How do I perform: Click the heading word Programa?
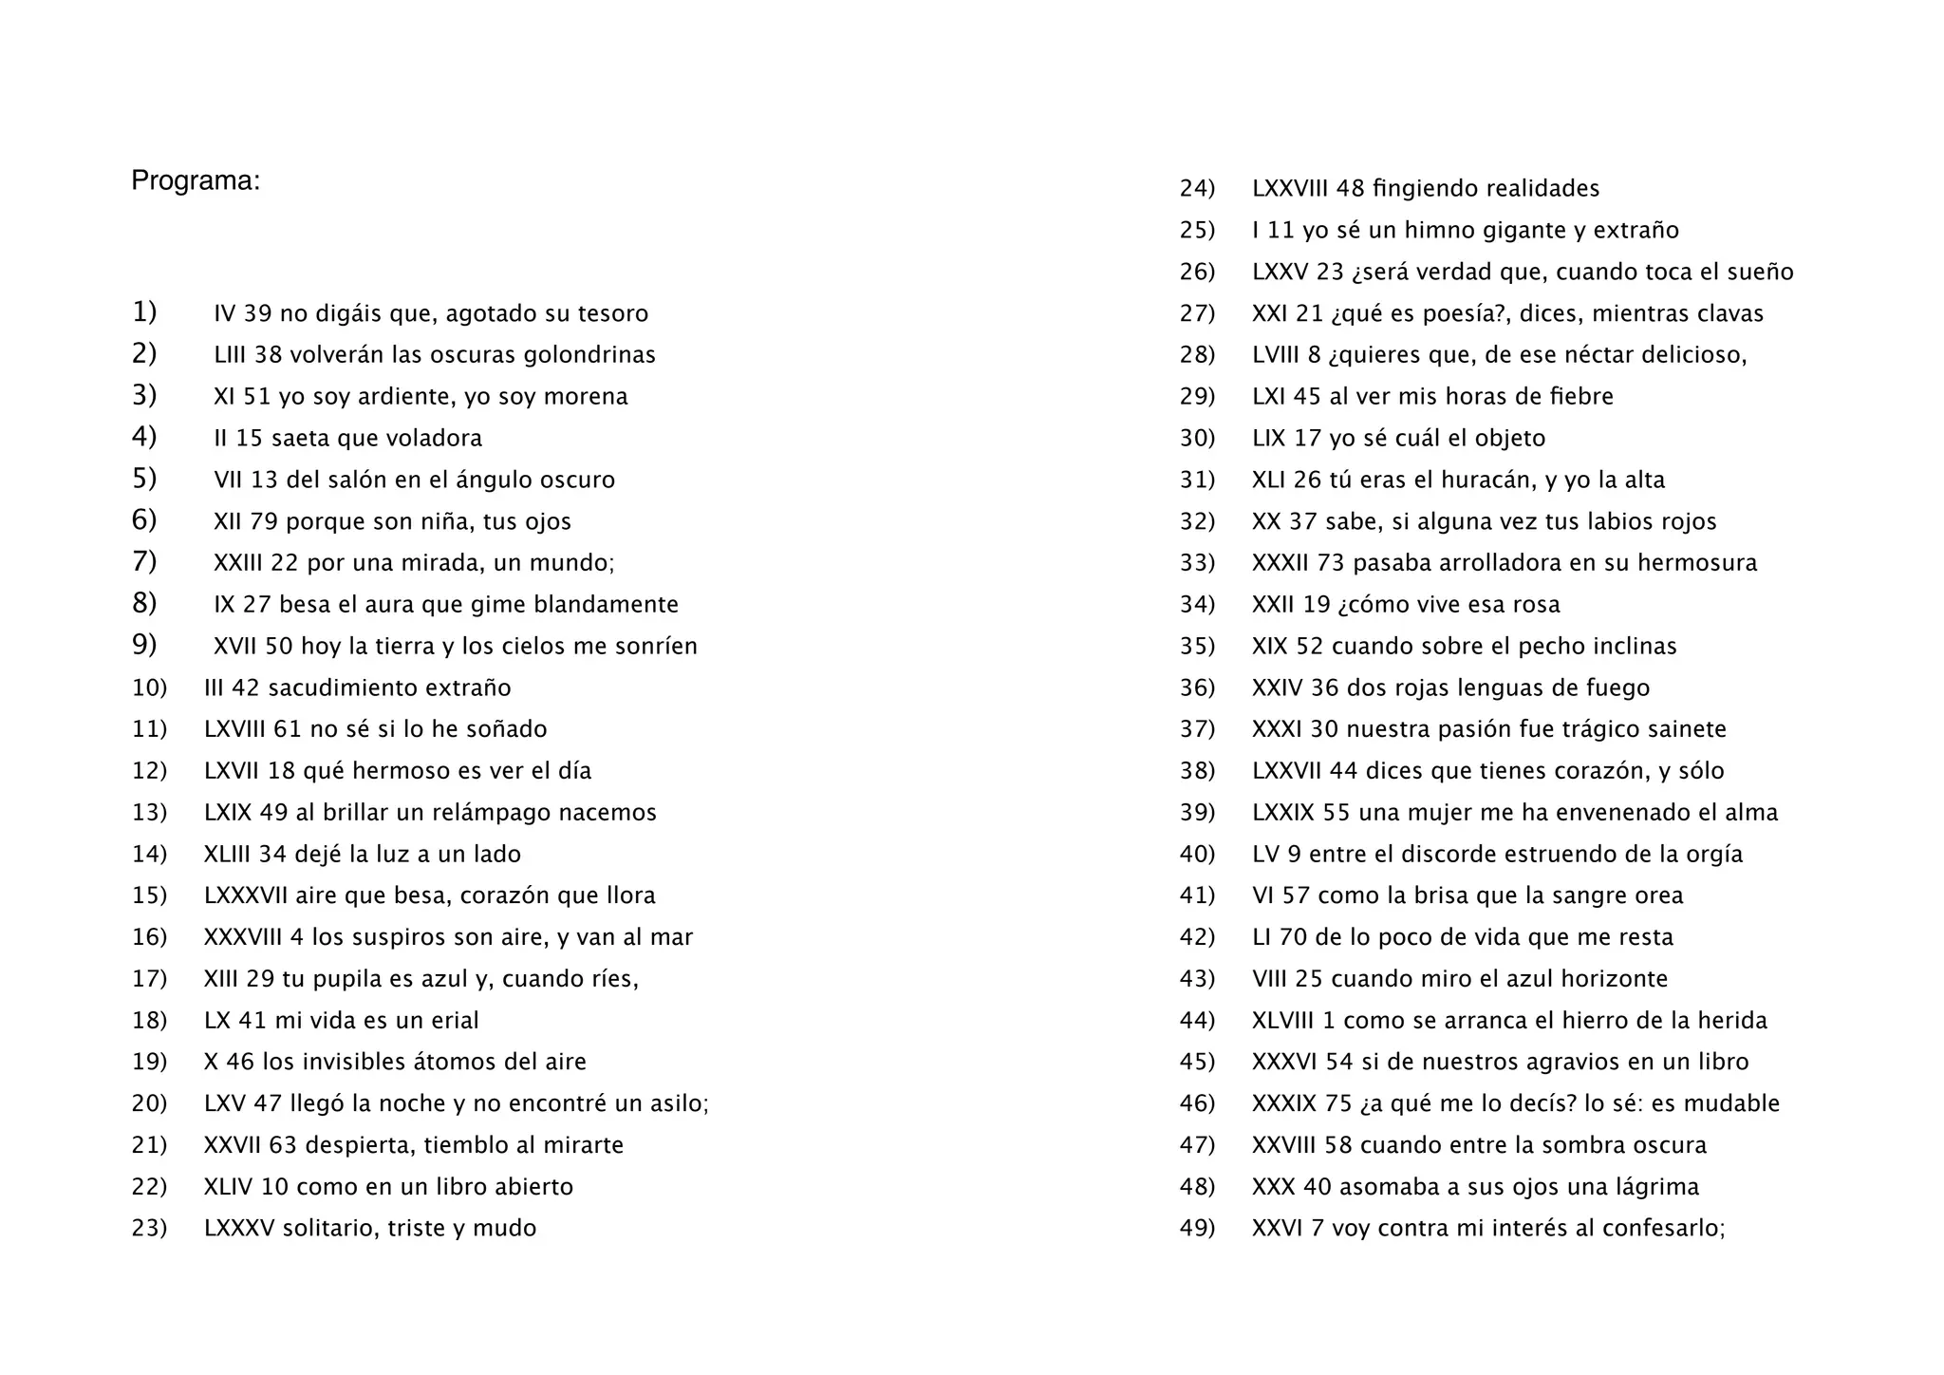coord(195,180)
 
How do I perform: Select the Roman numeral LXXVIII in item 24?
coord(1290,189)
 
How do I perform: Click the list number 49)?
coord(1197,1228)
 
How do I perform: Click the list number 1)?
coord(144,311)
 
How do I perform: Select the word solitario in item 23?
coord(321,1228)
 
